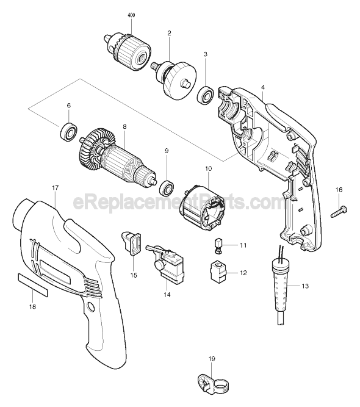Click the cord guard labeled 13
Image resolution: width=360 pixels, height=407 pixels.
279,286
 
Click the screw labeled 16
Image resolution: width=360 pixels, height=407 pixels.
339,211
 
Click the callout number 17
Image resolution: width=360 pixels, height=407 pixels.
55,187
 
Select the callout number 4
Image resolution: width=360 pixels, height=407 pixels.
262,87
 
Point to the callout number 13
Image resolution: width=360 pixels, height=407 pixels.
305,286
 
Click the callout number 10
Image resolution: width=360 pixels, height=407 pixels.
208,167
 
